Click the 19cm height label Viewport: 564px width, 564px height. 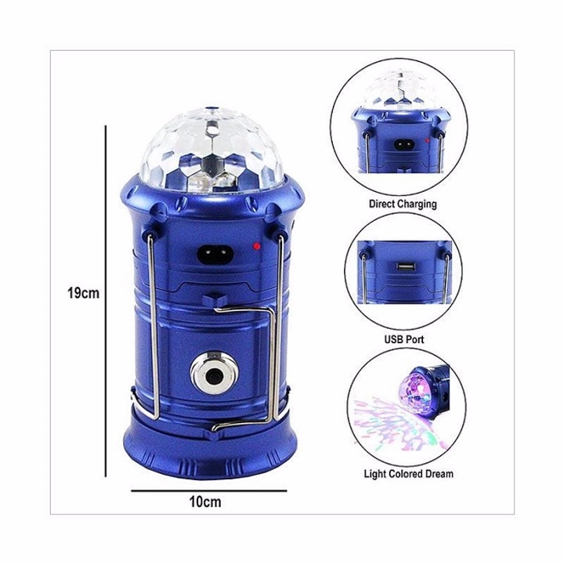pyautogui.click(x=83, y=293)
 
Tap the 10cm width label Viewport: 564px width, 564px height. pyautogui.click(x=205, y=502)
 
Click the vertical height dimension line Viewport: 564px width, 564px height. pyautogui.click(x=106, y=301)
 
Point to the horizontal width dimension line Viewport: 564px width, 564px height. pyautogui.click(x=209, y=490)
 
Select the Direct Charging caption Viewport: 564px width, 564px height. pyautogui.click(x=403, y=204)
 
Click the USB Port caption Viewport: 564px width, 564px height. pyautogui.click(x=404, y=339)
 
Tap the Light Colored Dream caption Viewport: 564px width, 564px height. pyautogui.click(x=409, y=474)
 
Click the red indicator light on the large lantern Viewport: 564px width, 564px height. pyautogui.click(x=256, y=247)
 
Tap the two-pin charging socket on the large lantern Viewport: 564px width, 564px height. pyautogui.click(x=215, y=255)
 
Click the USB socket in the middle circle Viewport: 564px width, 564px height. pyautogui.click(x=406, y=266)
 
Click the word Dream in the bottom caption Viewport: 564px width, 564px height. pyautogui.click(x=439, y=474)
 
